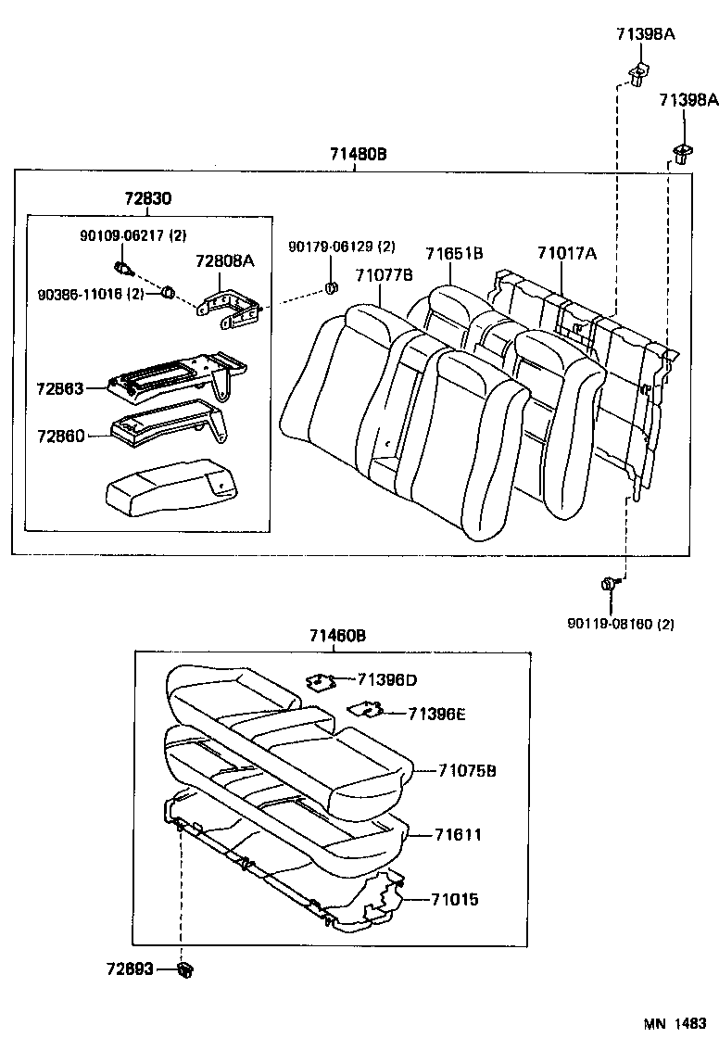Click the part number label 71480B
(x=357, y=155)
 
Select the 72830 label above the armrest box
(x=147, y=199)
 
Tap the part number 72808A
(x=223, y=261)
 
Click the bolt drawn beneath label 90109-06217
(x=121, y=270)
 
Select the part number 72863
(x=60, y=387)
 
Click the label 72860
(x=60, y=435)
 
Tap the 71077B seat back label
(x=384, y=274)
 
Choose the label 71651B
(x=454, y=253)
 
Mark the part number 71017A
(x=566, y=253)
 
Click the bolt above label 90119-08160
(x=608, y=584)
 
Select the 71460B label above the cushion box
(x=337, y=636)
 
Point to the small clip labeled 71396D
(x=320, y=682)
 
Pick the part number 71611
(x=458, y=835)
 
